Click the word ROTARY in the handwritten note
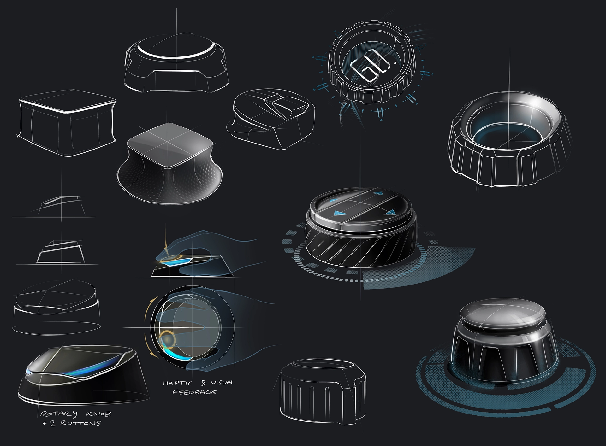coord(59,414)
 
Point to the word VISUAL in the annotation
coord(223,382)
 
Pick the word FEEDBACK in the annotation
coord(194,392)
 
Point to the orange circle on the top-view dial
coord(167,339)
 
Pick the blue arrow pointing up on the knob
coord(377,193)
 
